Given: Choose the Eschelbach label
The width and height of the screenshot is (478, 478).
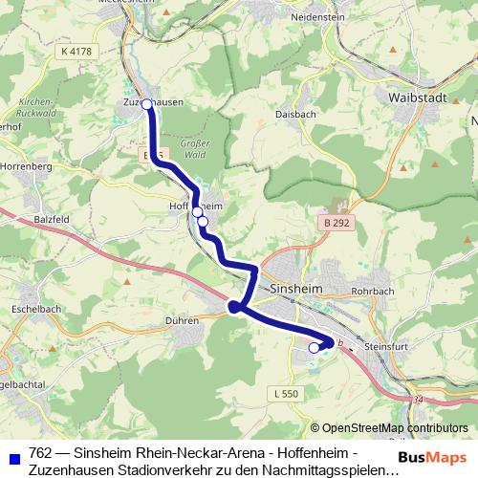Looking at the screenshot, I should (35, 311).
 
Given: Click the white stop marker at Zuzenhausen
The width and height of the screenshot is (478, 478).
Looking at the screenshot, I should (147, 105).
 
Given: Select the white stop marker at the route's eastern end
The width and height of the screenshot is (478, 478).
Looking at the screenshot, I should (314, 348).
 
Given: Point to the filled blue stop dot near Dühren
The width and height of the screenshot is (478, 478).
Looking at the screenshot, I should (233, 307).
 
